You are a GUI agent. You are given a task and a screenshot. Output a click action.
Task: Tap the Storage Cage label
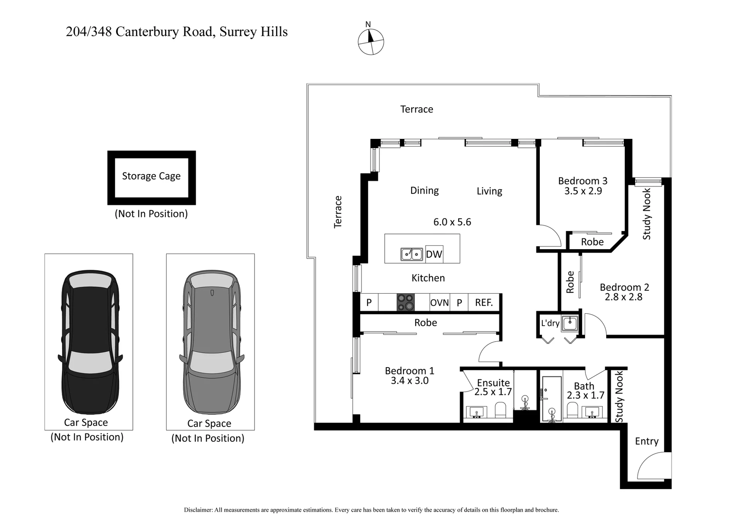click(151, 176)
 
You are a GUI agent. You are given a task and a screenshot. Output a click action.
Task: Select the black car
click(90, 342)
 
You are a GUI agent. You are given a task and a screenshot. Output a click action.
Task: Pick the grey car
click(212, 342)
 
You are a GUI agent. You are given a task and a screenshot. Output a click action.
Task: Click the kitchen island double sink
click(411, 254)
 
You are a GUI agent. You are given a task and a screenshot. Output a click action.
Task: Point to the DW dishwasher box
click(434, 254)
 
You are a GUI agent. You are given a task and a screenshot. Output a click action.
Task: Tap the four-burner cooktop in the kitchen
click(406, 302)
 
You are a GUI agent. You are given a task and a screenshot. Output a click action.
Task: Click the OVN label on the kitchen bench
click(440, 303)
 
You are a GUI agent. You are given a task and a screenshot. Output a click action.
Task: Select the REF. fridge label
click(484, 303)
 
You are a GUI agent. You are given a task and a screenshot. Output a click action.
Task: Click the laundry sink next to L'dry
click(570, 323)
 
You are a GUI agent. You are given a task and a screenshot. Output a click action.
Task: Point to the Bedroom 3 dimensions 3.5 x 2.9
click(583, 191)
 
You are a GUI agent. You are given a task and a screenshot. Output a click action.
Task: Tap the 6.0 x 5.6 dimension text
click(452, 222)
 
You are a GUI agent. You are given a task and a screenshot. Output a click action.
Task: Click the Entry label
click(646, 441)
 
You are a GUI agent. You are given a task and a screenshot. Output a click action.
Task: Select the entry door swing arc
click(654, 466)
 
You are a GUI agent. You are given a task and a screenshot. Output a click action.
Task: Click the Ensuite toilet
click(500, 410)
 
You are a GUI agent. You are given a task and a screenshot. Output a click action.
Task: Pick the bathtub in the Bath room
click(552, 399)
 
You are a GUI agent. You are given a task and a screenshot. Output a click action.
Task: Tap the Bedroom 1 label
click(409, 371)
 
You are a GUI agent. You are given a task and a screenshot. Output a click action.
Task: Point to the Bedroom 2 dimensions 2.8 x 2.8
click(623, 297)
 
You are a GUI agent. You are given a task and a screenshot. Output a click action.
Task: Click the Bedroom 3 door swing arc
click(549, 235)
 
